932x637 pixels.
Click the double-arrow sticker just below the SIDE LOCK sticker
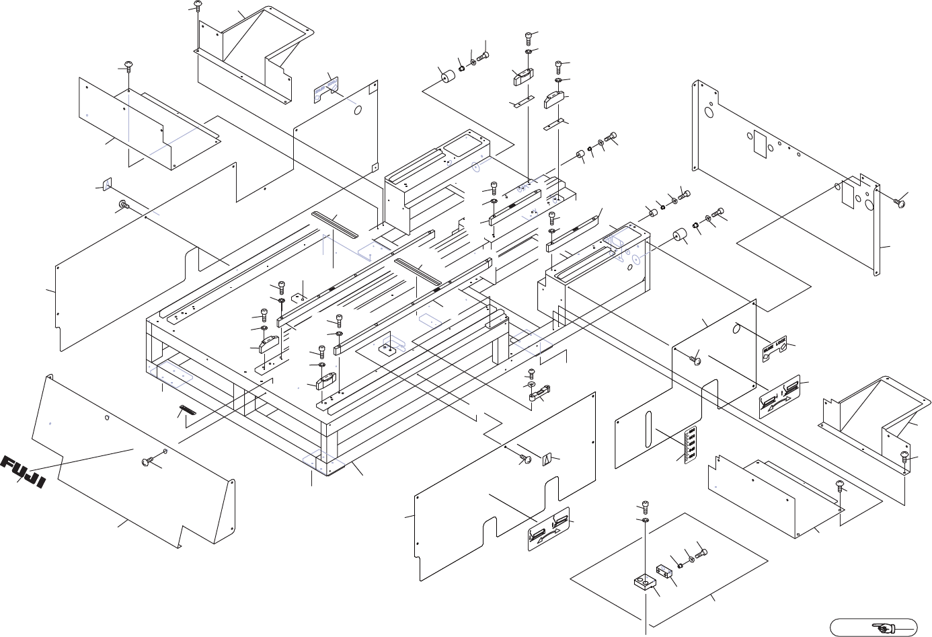779,397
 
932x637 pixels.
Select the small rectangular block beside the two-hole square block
664,570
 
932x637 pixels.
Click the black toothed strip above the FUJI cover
187,410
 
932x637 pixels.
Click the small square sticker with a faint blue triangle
106,184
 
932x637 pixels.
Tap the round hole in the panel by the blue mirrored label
358,109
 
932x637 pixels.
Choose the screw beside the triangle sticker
525,458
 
